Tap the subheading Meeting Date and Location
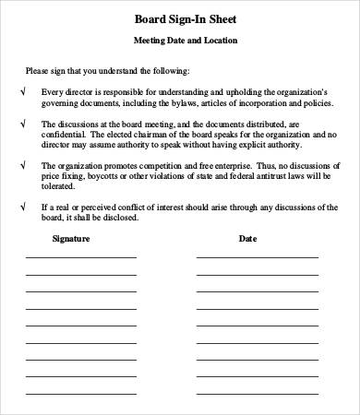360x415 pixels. tap(179, 41)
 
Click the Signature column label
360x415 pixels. tap(70, 238)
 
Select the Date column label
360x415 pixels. tap(248, 238)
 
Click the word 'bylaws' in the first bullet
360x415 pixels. tap(201, 103)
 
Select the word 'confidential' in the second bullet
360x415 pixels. tap(65, 135)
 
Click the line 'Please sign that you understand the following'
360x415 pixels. tap(107, 71)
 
